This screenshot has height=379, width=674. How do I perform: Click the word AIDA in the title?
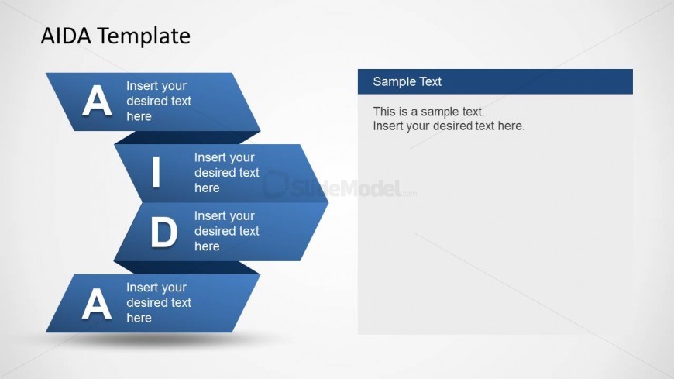click(x=66, y=36)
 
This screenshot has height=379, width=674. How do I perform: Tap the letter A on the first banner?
click(x=97, y=101)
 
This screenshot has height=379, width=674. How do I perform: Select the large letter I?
click(x=156, y=172)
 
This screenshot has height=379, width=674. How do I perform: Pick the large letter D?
click(x=163, y=232)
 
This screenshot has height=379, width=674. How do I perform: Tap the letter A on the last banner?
click(x=97, y=304)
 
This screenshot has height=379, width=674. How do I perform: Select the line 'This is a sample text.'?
click(x=428, y=112)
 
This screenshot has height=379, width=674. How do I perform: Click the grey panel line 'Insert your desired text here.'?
click(x=449, y=126)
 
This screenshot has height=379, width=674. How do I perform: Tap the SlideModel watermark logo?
click(x=339, y=186)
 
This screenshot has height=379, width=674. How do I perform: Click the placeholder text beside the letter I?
click(x=226, y=173)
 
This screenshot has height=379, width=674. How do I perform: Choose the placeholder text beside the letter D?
click(x=226, y=231)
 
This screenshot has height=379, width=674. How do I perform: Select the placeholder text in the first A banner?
click(x=159, y=101)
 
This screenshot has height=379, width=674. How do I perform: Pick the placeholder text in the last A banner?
click(x=159, y=302)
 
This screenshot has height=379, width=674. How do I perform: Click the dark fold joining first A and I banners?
click(x=187, y=138)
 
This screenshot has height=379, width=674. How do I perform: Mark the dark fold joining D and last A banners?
click(x=187, y=267)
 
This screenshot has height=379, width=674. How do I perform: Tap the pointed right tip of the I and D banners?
click(x=328, y=202)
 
